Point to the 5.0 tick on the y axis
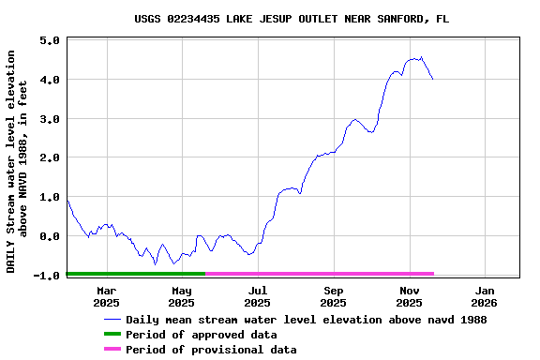pos(51,40)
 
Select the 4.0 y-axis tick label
pos(51,80)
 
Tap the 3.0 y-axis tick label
pos(51,119)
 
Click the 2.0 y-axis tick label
pos(51,157)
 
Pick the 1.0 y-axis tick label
pos(51,197)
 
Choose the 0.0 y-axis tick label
pos(51,236)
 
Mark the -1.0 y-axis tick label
pos(48,275)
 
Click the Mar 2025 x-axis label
pos(106,296)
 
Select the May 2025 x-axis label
pos(182,296)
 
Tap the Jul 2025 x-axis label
pos(257,296)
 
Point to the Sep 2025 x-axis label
pos(333,296)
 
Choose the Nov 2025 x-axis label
pos(409,296)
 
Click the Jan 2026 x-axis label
pos(484,296)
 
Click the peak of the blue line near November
pos(420,57)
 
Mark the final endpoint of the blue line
pos(432,80)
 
